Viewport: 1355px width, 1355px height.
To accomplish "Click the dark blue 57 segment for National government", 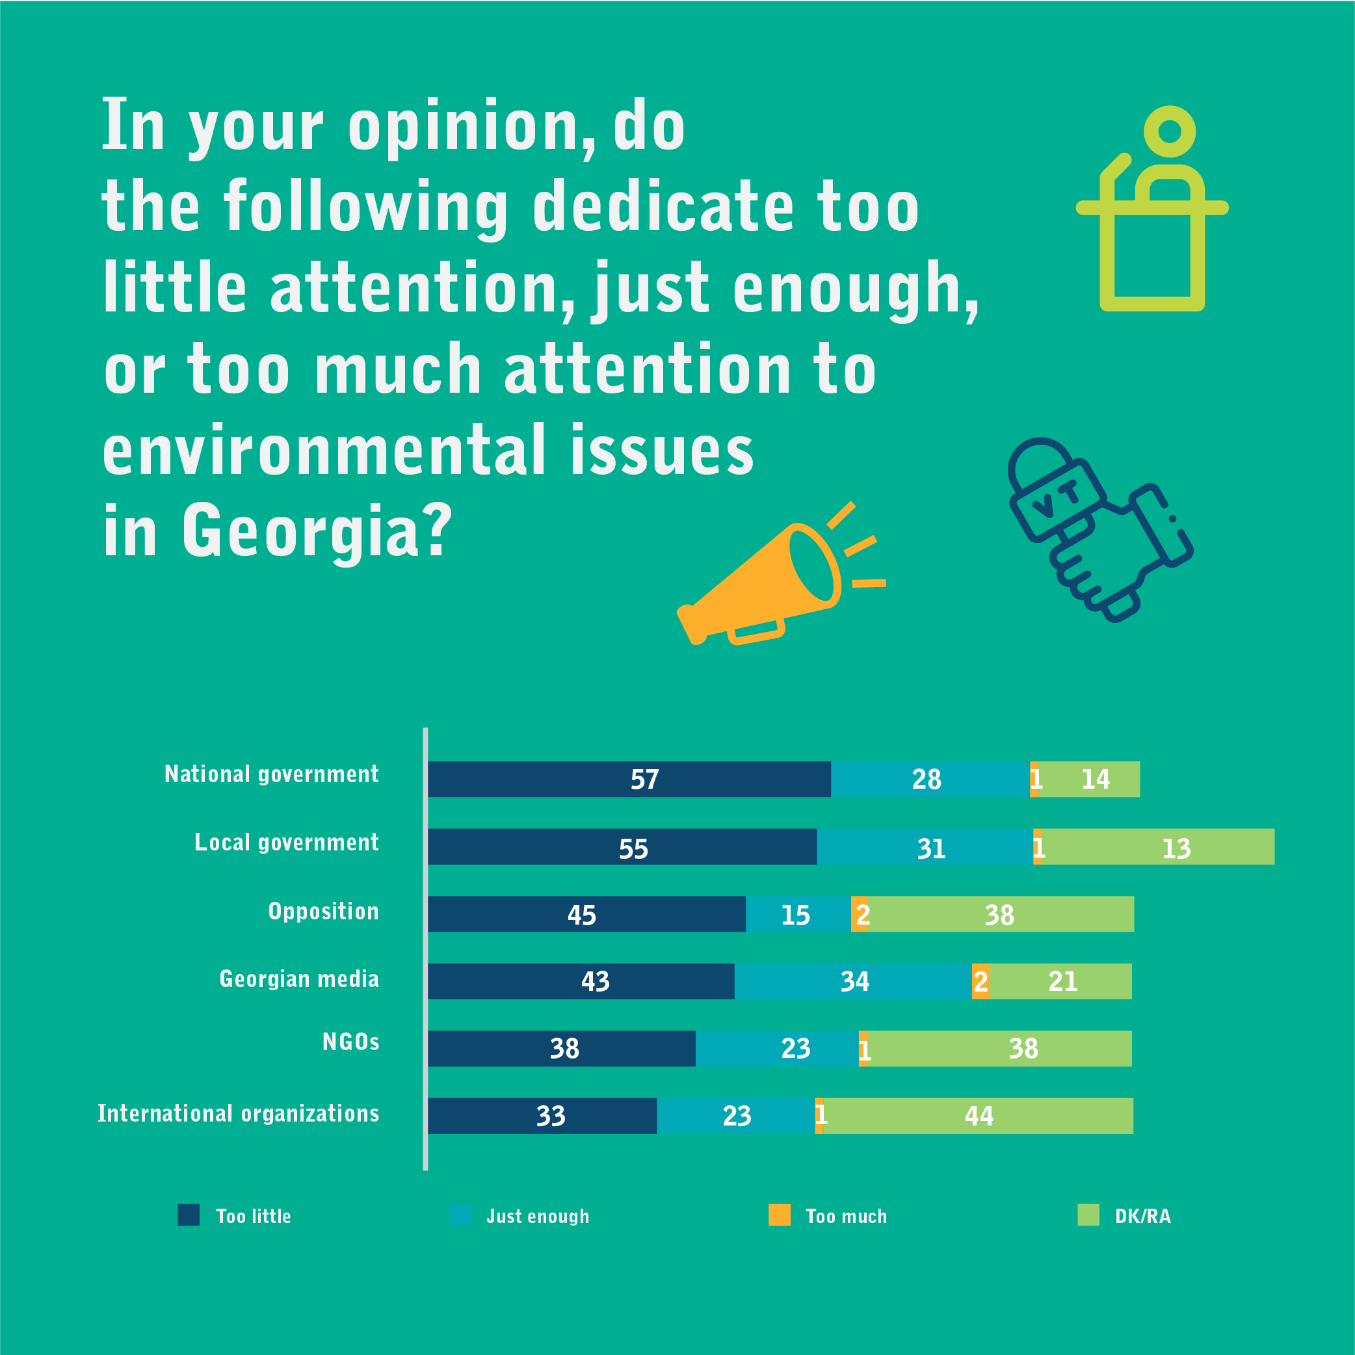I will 629,779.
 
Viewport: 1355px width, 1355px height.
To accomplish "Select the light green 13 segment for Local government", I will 1157,847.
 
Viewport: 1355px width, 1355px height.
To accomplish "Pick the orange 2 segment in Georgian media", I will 980,981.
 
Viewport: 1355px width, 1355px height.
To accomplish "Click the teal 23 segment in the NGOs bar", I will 777,1049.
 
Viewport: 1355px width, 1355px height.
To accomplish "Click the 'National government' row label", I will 271,774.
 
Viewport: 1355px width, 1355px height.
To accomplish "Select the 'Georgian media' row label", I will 299,979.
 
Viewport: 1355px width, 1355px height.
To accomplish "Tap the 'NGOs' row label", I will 350,1042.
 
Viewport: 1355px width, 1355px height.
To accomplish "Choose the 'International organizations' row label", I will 239,1114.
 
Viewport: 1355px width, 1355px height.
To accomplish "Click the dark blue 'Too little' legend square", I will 189,1215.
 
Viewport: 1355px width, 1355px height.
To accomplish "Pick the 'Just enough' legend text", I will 538,1217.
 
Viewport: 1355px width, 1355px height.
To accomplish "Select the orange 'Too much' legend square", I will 779,1215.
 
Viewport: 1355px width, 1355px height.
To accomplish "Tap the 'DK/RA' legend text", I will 1142,1217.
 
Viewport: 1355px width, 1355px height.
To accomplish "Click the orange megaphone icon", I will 765,582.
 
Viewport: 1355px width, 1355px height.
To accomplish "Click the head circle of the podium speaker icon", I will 1169,131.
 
